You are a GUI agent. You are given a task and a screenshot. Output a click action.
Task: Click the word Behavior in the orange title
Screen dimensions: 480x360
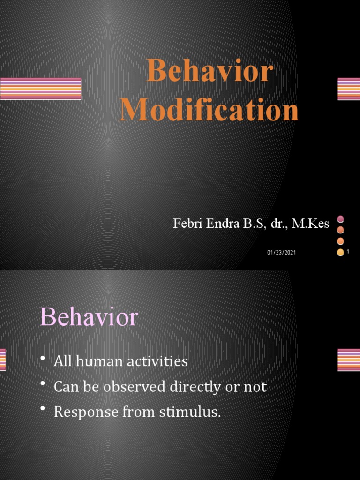point(210,73)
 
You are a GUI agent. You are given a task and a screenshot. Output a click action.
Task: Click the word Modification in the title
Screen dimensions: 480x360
point(209,111)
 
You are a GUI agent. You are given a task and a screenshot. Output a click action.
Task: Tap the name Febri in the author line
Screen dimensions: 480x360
point(186,224)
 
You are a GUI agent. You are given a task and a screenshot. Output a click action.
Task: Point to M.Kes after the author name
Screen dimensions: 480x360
point(310,224)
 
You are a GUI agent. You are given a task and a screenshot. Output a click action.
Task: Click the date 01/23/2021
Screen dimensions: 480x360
point(282,253)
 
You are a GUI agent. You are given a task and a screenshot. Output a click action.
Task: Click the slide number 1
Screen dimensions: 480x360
point(349,252)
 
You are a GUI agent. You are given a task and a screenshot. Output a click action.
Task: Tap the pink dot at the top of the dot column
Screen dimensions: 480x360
point(341,218)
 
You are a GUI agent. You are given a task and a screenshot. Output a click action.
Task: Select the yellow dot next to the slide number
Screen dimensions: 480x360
point(341,253)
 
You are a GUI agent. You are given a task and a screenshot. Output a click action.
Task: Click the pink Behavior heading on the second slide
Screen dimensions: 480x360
point(89,317)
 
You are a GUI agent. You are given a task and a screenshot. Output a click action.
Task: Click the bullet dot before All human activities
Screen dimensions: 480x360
point(43,359)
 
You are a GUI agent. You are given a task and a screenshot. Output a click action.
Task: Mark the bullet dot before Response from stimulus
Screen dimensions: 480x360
point(43,410)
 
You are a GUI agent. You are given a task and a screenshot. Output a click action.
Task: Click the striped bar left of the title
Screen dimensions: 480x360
point(41,89)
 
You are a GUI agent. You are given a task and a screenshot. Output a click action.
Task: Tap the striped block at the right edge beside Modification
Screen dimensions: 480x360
point(349,89)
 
